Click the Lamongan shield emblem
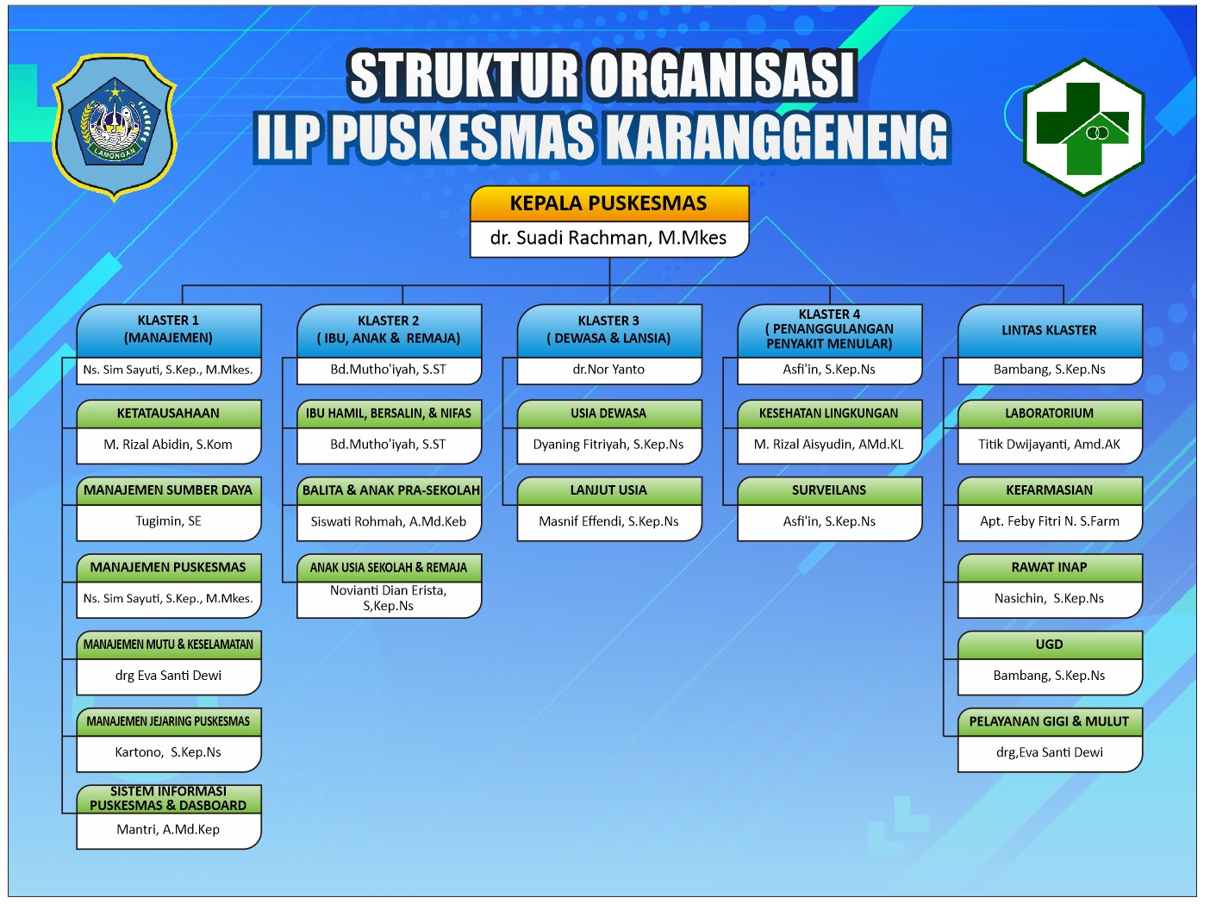pos(114,128)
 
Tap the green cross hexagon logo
pos(1083,128)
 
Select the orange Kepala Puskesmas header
pos(609,203)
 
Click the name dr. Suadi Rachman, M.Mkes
pos(608,238)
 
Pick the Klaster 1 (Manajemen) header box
pos(169,330)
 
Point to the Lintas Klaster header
pos(1050,330)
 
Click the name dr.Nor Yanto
pos(608,370)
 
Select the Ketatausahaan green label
pos(169,414)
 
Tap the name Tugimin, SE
pos(169,521)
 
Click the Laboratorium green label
pos(1050,414)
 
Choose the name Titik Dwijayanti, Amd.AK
pos(1050,445)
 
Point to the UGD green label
pos(1050,645)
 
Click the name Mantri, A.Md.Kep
pos(168,830)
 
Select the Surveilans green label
pos(830,490)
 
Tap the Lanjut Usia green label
pos(609,490)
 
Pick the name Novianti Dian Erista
pos(388,590)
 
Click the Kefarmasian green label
pos(1050,490)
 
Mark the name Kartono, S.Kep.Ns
pos(168,752)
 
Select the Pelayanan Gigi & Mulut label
pos(1050,721)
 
